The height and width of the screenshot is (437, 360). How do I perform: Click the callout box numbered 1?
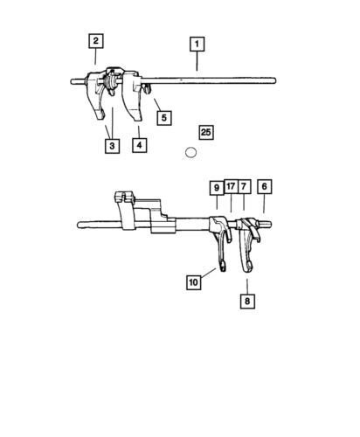[x=197, y=44]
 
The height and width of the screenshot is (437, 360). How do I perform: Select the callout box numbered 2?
[x=96, y=41]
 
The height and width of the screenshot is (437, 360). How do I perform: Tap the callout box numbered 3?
[x=112, y=146]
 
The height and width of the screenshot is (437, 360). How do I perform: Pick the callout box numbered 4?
[x=139, y=145]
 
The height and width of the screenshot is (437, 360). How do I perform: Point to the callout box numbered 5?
[x=164, y=118]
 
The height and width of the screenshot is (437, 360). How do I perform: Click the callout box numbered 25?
[x=206, y=132]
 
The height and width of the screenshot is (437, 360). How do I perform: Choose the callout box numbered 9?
[x=217, y=188]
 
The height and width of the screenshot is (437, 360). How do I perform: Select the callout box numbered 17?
[x=231, y=186]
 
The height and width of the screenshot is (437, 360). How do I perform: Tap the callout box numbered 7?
[x=244, y=186]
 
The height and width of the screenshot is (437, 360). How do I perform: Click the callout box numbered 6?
[x=265, y=186]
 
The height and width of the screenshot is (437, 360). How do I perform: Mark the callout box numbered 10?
[x=194, y=282]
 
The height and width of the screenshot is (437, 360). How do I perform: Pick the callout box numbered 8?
[x=247, y=302]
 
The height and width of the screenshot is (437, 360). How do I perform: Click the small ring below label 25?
[x=190, y=152]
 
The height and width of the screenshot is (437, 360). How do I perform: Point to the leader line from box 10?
[x=208, y=273]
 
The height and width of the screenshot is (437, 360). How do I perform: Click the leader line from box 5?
[x=157, y=105]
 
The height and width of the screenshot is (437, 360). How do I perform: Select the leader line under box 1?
[x=197, y=61]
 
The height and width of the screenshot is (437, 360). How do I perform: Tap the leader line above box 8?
[x=247, y=287]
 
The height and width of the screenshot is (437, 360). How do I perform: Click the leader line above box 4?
[x=139, y=132]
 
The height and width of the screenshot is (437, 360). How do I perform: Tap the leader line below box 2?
[x=95, y=56]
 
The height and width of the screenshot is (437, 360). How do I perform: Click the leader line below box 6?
[x=264, y=204]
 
